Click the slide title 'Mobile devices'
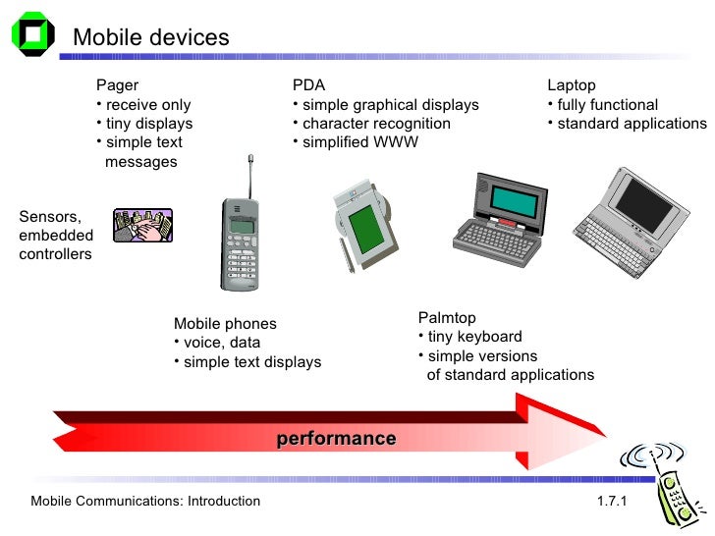(x=151, y=37)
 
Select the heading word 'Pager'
(x=118, y=85)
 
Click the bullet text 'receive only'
(x=148, y=105)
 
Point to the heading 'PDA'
(x=308, y=85)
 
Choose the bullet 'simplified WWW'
(x=359, y=142)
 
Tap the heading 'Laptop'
(x=572, y=85)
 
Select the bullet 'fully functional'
(x=607, y=105)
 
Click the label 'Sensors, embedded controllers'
(x=56, y=235)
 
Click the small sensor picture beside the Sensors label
(x=142, y=226)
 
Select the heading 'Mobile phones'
(x=225, y=324)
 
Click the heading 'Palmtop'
(x=447, y=317)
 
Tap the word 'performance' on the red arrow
(x=336, y=438)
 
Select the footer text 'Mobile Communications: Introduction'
(x=145, y=502)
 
